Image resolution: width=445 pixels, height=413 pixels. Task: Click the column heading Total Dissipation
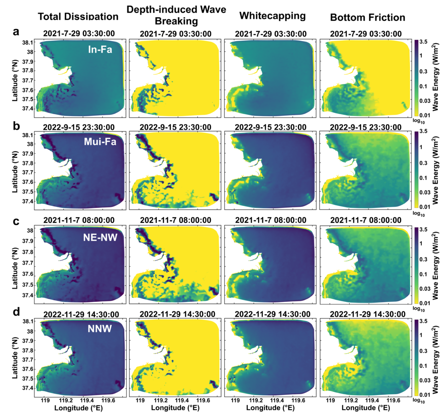(x=78, y=17)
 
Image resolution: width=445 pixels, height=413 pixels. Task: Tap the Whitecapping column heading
(x=272, y=16)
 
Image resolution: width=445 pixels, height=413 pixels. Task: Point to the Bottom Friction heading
(x=367, y=17)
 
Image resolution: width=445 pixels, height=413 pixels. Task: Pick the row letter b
(x=16, y=126)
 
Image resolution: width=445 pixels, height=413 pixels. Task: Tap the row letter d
(x=16, y=312)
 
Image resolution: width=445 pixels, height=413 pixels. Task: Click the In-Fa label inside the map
(x=100, y=49)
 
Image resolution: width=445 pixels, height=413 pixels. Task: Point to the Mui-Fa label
(x=100, y=142)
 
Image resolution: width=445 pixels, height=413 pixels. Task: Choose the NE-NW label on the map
(x=99, y=237)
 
